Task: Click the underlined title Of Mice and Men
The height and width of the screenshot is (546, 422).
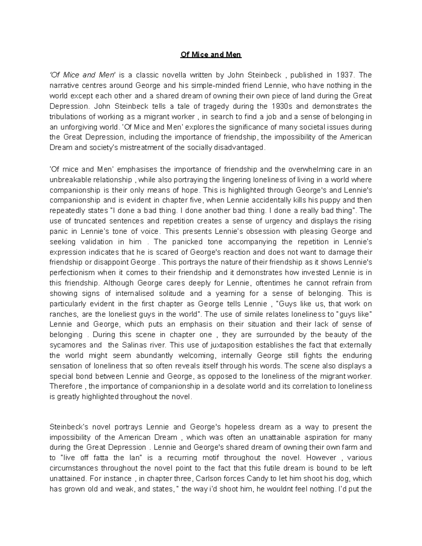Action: (211, 55)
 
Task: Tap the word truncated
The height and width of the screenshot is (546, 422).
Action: (91, 221)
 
